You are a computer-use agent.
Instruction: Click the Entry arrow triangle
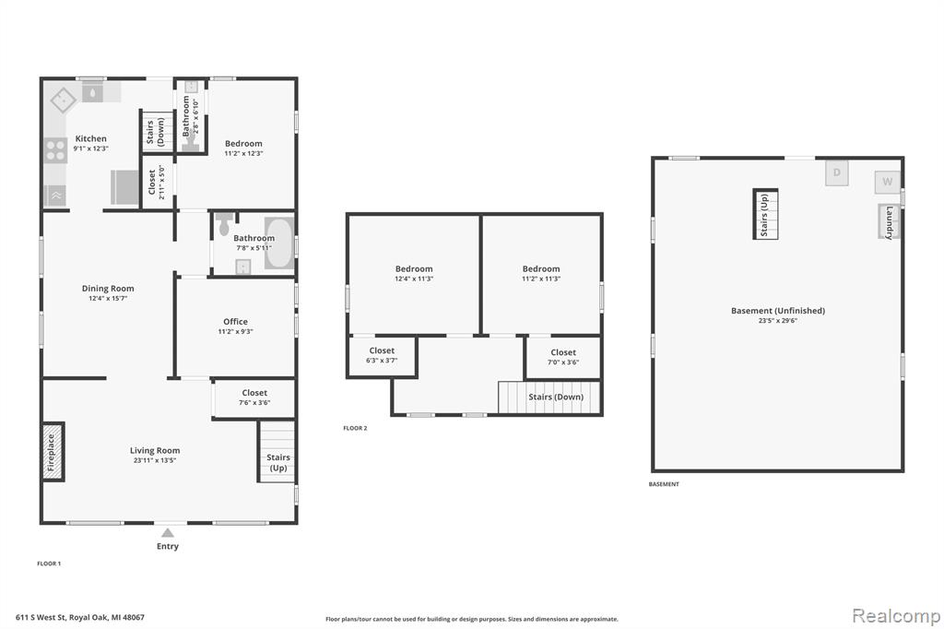coord(168,532)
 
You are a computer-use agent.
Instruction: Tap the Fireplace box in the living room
coord(53,452)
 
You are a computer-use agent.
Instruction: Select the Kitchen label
coord(91,138)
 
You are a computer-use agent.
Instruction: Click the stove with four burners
coord(55,150)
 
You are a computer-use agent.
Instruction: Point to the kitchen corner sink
coord(64,100)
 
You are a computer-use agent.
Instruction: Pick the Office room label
coord(235,322)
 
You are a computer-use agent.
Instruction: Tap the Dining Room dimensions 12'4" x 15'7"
coord(108,298)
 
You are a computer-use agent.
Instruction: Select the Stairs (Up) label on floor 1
coord(278,462)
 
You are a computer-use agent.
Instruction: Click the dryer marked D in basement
coord(837,172)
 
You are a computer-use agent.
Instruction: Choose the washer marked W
coord(888,182)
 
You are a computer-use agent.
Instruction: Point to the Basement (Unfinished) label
coord(778,311)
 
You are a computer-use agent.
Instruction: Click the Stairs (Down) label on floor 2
coord(556,397)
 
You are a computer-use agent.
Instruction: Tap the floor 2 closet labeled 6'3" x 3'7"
coord(382,355)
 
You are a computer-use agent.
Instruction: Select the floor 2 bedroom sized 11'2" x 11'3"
coord(540,274)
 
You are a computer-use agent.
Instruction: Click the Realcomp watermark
coord(896,615)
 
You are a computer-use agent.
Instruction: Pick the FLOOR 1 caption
coord(49,564)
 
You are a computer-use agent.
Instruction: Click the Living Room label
coord(155,451)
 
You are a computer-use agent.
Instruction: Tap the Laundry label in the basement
coord(890,223)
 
